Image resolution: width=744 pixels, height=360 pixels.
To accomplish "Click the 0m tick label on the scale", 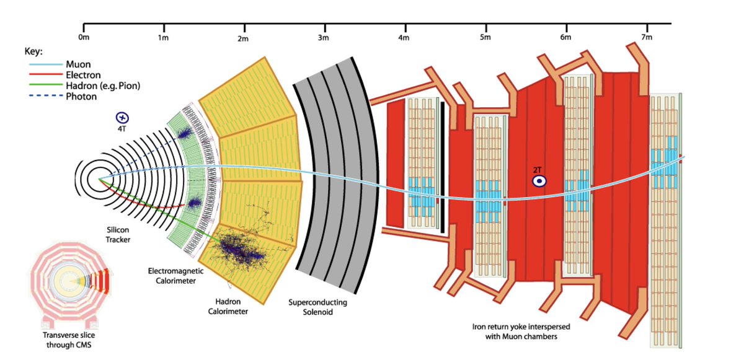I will coord(84,38).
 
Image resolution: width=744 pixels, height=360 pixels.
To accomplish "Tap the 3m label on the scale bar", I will coord(323,38).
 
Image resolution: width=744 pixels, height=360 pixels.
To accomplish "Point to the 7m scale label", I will coord(647,38).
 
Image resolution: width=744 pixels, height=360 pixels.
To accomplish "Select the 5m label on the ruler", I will coord(485,38).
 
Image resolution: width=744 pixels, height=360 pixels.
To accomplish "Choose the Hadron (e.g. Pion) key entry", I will coord(102,86).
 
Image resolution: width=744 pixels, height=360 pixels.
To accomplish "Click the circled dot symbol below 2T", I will coord(539,181).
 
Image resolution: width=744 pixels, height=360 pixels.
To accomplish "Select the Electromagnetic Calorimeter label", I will coord(172,276).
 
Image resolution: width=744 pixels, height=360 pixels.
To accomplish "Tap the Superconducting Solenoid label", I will coord(317,308).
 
